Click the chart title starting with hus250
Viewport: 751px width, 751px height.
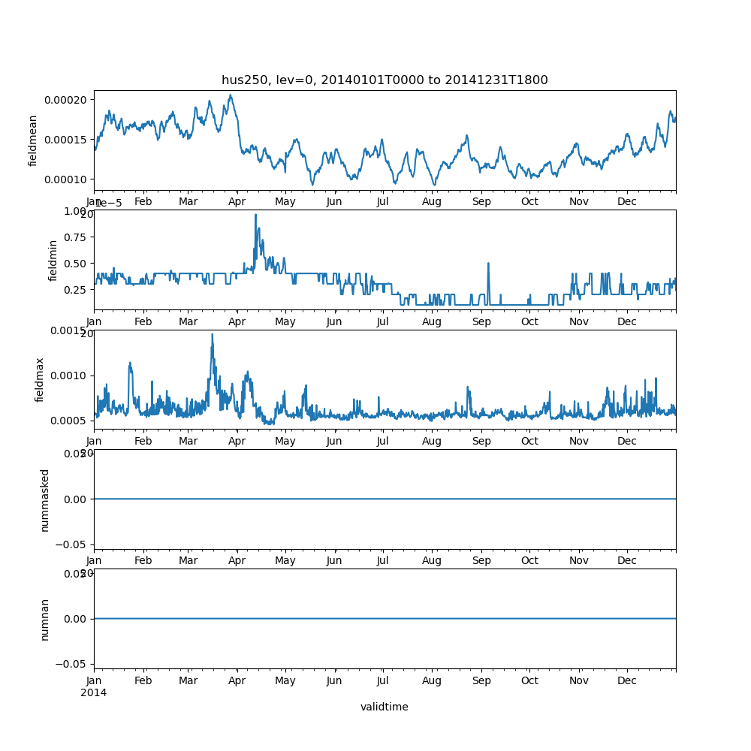[385, 80]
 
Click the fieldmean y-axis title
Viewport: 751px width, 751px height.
[33, 140]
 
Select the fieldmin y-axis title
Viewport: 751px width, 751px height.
[53, 261]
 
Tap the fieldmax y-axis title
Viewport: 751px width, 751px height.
[40, 379]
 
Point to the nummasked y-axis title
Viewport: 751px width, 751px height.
[45, 499]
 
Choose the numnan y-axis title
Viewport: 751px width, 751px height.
[45, 619]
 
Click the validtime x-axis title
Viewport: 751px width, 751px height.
[385, 707]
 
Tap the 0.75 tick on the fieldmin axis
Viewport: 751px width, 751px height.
[75, 237]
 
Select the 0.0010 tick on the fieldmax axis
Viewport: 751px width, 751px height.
[69, 375]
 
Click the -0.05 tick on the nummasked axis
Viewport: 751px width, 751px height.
[74, 544]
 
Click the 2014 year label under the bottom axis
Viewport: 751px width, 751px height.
[94, 692]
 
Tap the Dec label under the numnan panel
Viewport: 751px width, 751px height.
[627, 681]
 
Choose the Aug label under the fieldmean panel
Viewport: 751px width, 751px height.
[432, 202]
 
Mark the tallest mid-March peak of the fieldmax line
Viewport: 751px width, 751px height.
[212, 334]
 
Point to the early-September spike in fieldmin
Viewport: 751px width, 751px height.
[488, 264]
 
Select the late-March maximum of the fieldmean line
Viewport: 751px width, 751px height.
[231, 95]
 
